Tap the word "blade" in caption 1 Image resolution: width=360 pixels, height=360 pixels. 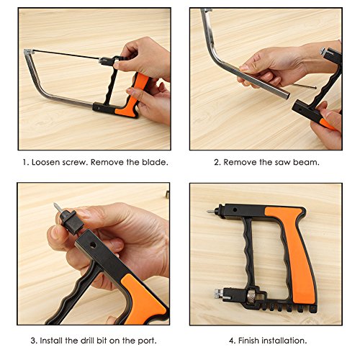point(153,162)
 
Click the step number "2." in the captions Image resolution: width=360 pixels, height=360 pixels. point(217,162)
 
